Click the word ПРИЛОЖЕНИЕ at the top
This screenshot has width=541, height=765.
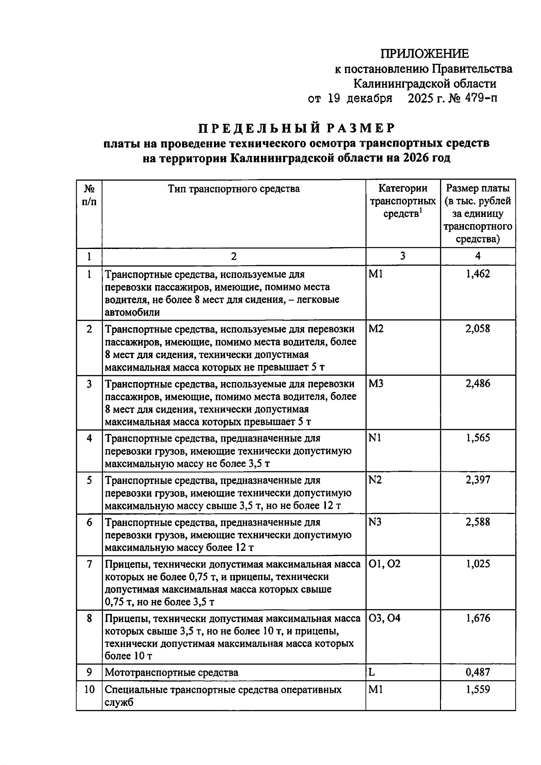425,54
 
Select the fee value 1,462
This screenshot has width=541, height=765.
477,274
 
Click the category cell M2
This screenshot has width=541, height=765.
376,329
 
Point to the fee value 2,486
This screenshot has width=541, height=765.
477,384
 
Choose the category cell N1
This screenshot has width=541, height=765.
375,438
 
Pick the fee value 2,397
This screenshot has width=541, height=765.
477,480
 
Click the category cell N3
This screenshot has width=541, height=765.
375,522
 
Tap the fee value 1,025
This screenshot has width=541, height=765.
477,564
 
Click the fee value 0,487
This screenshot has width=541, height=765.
477,672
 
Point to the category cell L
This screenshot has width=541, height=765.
371,672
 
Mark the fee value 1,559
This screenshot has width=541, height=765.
477,689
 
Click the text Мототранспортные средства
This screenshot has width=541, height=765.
171,673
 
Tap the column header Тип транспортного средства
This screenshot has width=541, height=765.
234,189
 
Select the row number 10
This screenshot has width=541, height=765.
89,690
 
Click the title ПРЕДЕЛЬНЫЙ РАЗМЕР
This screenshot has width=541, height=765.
297,128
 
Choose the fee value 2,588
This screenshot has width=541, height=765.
477,522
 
